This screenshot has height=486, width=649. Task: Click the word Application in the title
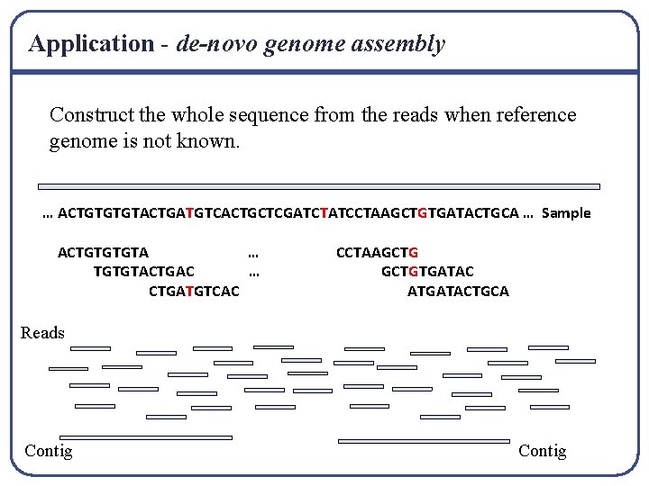[x=91, y=43]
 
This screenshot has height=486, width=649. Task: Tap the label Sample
[x=566, y=212]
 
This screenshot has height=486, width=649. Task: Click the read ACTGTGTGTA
[x=103, y=253]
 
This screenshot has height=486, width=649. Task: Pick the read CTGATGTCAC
[x=194, y=291]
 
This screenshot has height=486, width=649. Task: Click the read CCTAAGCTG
[x=377, y=253]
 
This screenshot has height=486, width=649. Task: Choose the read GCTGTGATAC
[x=427, y=272]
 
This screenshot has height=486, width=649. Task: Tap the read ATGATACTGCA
[x=458, y=291]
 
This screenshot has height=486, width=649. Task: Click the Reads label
[x=42, y=333]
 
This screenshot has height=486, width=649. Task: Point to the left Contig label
[x=49, y=450]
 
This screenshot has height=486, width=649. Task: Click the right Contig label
[x=543, y=450]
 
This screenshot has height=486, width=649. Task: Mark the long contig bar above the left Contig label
[x=145, y=437]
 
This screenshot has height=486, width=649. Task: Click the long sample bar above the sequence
[x=319, y=186]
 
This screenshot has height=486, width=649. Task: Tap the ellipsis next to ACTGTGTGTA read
[x=253, y=253]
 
